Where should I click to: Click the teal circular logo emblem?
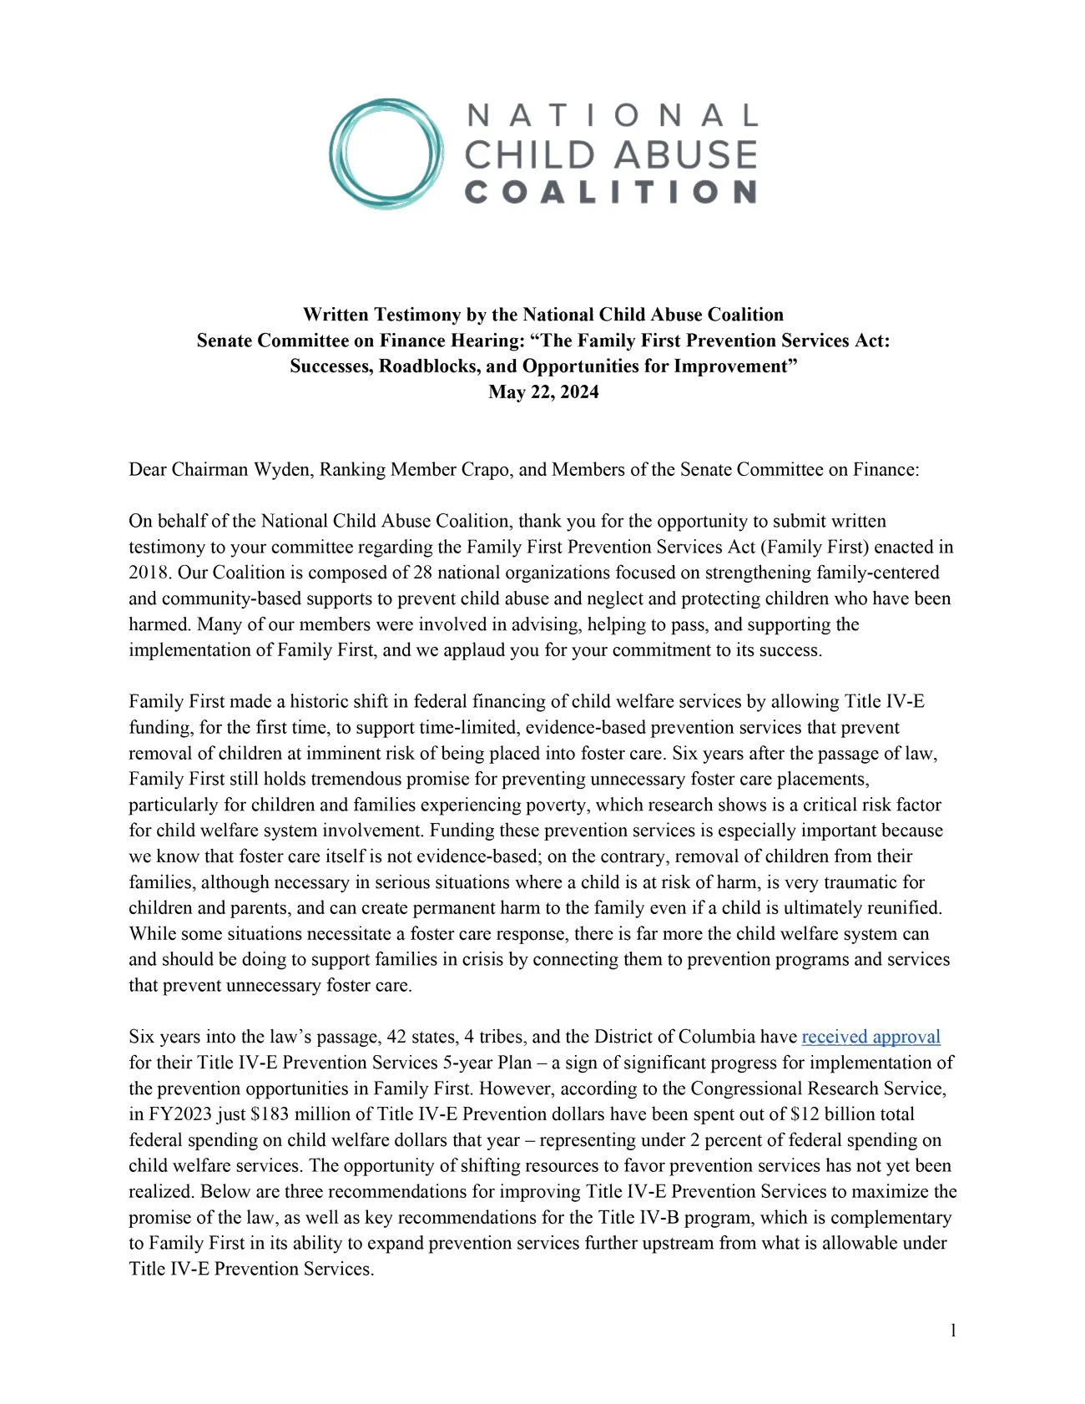point(386,154)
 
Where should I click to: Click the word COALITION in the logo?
point(610,192)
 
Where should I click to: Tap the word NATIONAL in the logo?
point(612,116)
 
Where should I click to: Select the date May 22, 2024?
point(543,392)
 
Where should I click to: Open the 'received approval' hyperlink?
point(871,1037)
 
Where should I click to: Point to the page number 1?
point(952,1331)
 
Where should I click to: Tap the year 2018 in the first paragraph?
point(147,573)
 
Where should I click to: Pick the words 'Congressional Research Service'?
point(818,1088)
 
